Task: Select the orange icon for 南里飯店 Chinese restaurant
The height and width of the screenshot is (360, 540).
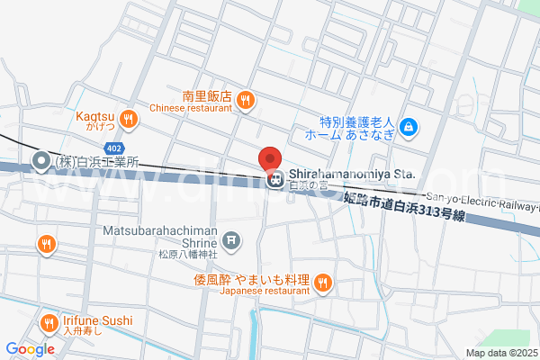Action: pos(246,102)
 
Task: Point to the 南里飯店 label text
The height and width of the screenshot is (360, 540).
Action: pos(207,95)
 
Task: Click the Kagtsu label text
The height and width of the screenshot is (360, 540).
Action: pos(95,115)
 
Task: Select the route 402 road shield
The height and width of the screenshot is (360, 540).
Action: pos(114,147)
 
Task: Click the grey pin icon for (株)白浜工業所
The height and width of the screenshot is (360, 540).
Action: pos(41,162)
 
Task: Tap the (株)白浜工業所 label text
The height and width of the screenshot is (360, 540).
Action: pos(97,163)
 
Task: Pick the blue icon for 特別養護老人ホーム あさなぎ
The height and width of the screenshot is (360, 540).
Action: pos(409,127)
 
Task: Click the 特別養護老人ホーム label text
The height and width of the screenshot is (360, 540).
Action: pos(357,121)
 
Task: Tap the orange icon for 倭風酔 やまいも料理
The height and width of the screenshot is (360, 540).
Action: pos(324,285)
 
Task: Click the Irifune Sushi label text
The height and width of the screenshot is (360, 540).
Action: pos(97,320)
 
